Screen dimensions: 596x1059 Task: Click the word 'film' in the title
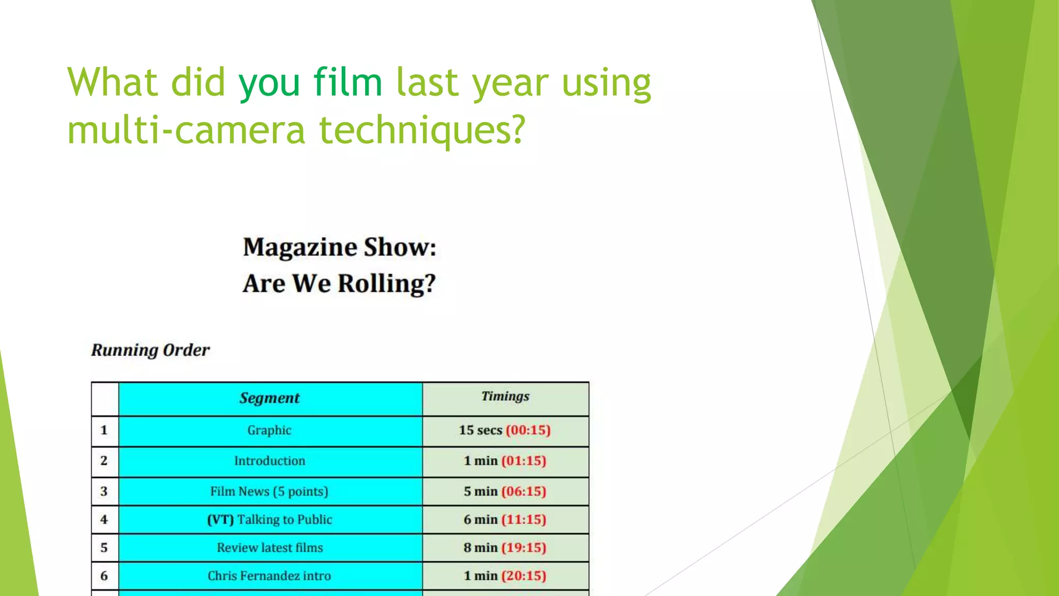point(347,82)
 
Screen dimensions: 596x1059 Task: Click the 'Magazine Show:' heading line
point(339,247)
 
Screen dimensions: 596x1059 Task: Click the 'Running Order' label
point(150,350)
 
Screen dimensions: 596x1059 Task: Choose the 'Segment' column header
point(269,398)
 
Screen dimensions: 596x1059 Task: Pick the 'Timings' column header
point(505,396)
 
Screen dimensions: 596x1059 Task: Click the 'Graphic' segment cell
point(269,430)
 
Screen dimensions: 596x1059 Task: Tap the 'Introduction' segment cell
point(269,461)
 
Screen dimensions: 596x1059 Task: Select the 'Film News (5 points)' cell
point(269,491)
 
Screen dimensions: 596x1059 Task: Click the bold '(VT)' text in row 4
point(221,519)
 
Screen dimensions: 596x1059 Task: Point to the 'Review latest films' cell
point(269,548)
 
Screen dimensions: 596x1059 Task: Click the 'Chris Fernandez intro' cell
point(269,576)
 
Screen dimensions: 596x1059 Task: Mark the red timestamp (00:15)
point(528,430)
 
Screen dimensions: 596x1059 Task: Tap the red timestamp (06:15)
point(523,491)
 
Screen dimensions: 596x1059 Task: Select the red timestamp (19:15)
point(523,548)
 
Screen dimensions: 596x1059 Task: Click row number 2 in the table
point(104,460)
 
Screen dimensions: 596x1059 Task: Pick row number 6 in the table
point(104,576)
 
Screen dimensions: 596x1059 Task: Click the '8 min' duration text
point(480,548)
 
